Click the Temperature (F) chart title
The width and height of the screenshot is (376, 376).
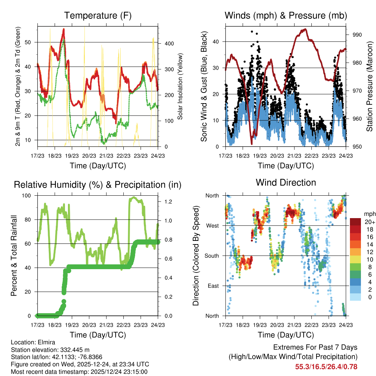click(98, 15)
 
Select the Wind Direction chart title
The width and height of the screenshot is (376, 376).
click(286, 182)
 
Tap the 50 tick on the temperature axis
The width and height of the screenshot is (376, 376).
click(31, 42)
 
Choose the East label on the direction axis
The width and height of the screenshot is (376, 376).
click(213, 286)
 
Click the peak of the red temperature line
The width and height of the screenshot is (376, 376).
click(64, 29)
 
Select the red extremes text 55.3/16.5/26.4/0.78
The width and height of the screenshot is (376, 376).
click(326, 366)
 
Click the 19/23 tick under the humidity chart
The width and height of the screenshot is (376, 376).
click(72, 325)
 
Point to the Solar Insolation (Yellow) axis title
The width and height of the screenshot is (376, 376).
click(180, 86)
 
